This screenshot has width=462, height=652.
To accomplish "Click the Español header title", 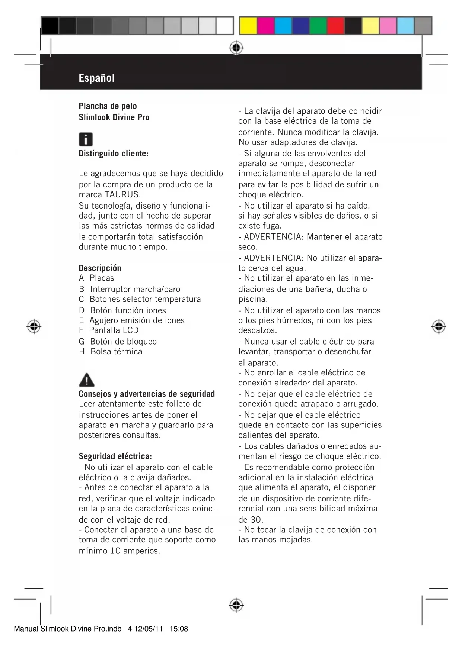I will tap(96, 78).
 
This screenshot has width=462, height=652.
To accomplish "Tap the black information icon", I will tap(86, 139).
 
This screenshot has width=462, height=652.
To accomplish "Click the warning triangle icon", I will tap(87, 380).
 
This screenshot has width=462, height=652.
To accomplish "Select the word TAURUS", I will tap(122, 194).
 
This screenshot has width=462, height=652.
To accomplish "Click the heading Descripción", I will tap(100, 268).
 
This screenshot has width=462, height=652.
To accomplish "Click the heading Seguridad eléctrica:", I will tap(115, 456).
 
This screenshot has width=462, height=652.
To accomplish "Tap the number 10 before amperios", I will tap(115, 551).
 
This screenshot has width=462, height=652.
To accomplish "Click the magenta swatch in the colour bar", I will tap(265, 26).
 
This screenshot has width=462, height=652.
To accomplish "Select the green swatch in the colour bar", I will tap(318, 26).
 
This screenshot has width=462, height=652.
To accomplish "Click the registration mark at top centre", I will tap(236, 48).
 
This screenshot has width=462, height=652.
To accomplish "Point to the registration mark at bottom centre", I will tap(236, 605).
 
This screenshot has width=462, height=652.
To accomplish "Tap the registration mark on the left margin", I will tap(34, 326).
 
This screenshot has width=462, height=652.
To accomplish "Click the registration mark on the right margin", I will tap(439, 326).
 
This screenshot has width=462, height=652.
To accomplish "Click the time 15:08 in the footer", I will tap(179, 629).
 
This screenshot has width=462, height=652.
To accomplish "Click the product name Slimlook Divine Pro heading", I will tap(114, 117).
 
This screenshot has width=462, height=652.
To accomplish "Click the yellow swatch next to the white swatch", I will tap(248, 26).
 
